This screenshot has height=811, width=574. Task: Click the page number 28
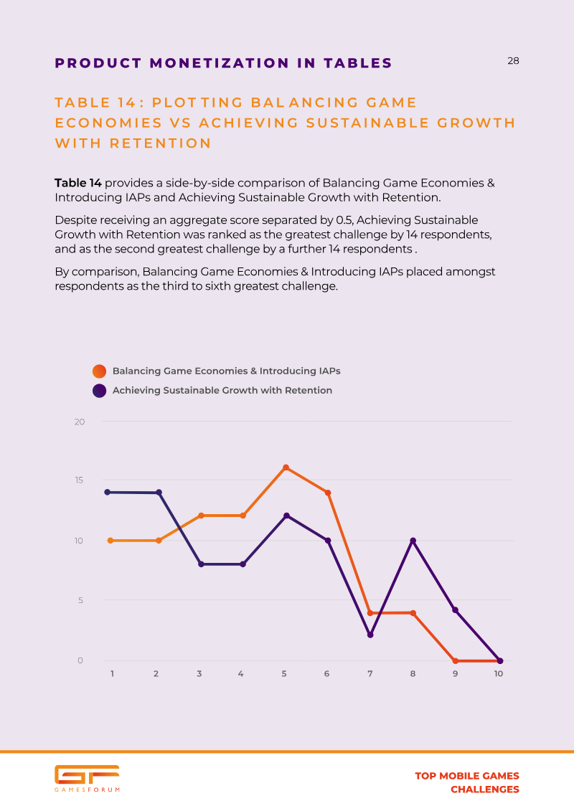[x=513, y=61]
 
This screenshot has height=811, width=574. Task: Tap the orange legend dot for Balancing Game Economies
[x=99, y=371]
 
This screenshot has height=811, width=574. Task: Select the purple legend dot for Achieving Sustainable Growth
[x=99, y=391]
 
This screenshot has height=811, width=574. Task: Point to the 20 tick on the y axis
[x=80, y=422]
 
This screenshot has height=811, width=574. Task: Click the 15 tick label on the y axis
[x=80, y=480]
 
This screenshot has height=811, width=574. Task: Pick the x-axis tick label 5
[x=284, y=674]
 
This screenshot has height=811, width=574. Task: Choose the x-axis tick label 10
[x=499, y=674]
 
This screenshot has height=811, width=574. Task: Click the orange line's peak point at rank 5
[x=286, y=468]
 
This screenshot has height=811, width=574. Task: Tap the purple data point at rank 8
[x=413, y=541]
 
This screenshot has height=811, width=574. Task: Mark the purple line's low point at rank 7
[x=370, y=635]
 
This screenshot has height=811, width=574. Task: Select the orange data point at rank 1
[x=110, y=541]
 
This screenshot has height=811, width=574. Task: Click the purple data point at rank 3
[x=201, y=564]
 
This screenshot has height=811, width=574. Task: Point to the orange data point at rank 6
[x=327, y=493]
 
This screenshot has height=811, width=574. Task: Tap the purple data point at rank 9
[x=455, y=610]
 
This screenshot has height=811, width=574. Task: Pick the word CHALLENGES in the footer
[x=484, y=789]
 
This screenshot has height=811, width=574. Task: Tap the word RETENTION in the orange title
[x=161, y=143]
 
